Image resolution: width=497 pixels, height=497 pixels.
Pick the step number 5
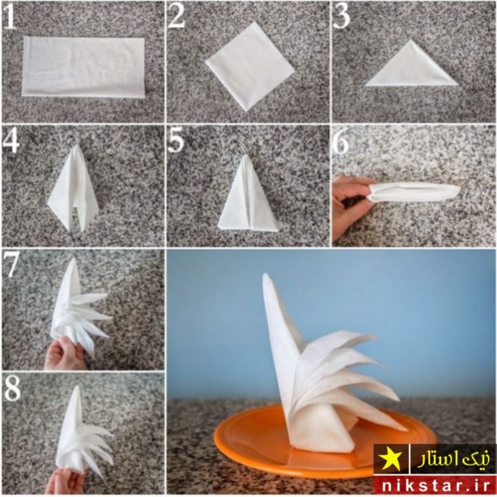click(176, 141)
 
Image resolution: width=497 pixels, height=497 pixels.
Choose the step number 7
click(11, 265)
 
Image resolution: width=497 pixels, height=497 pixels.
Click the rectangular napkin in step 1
click(83, 66)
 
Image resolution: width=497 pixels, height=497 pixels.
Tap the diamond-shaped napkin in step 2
click(250, 66)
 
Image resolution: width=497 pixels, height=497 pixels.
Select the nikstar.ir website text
click(435, 485)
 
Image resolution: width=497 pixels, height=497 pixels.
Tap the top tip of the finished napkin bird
click(265, 275)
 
